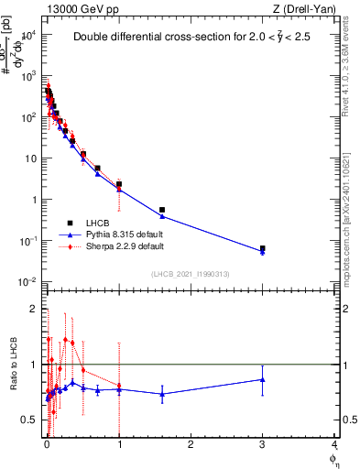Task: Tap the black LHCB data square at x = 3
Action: point(263,248)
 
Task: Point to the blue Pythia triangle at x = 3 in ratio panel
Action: point(263,379)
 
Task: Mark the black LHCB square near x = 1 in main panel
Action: point(119,184)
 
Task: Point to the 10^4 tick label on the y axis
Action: point(28,35)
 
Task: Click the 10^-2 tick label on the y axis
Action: point(28,281)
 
